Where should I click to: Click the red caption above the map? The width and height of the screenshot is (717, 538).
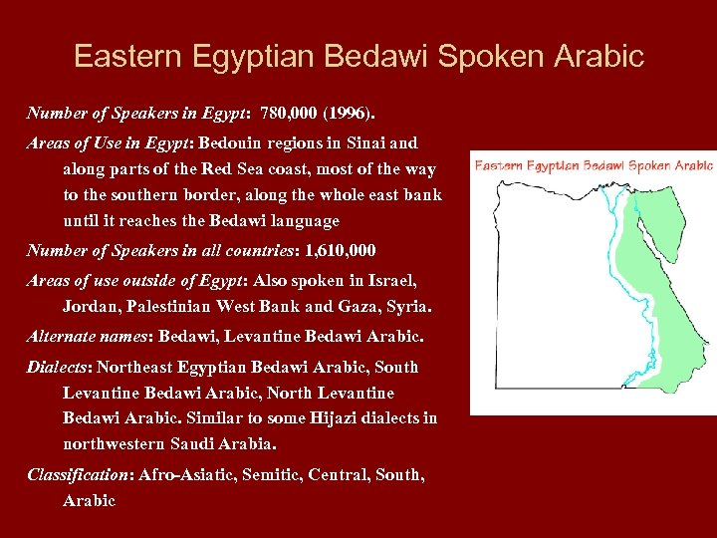tap(594, 165)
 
